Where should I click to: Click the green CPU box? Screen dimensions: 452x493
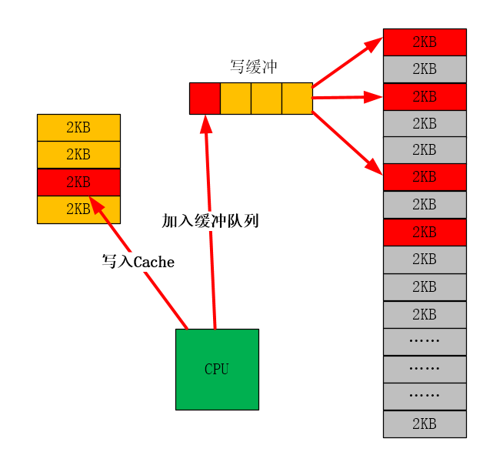(x=217, y=369)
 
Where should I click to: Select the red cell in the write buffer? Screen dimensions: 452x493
(x=205, y=98)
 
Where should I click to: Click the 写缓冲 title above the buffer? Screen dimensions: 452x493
(x=254, y=67)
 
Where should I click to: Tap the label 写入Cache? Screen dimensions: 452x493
(x=138, y=262)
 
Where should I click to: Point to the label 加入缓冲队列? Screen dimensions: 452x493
(x=210, y=221)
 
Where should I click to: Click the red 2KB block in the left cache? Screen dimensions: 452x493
(x=78, y=182)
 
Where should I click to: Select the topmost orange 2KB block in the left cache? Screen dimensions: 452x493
(x=78, y=127)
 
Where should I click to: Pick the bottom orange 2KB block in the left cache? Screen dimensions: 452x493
(x=78, y=209)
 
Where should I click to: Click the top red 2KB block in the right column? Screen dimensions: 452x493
(x=425, y=42)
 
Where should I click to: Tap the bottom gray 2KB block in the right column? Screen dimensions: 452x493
(x=425, y=424)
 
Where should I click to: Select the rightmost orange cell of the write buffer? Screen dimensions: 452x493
(x=297, y=98)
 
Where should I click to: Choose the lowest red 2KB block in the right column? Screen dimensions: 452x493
(x=425, y=232)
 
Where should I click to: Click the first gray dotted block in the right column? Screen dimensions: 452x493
(x=425, y=341)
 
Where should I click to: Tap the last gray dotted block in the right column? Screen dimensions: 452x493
(x=425, y=396)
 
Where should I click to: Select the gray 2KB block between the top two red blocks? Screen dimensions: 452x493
(x=425, y=69)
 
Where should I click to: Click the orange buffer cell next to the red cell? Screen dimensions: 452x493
(x=235, y=98)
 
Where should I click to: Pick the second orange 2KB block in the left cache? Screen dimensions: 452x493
(x=78, y=154)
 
